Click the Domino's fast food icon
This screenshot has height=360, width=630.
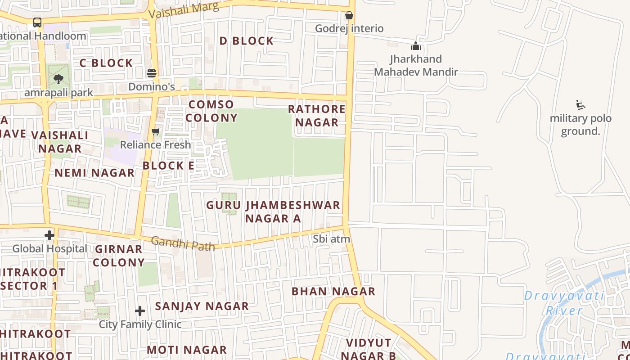pos(152,73)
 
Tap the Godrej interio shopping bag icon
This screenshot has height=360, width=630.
pos(349,16)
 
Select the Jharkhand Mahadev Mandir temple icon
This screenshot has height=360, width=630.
pos(416,46)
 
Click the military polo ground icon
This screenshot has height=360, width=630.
pos(580,105)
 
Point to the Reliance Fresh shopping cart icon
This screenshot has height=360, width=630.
pos(156,131)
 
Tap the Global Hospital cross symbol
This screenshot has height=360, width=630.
pos(49,235)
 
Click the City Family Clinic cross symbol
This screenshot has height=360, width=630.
pos(140,311)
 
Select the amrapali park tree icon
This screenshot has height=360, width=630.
pos(58,79)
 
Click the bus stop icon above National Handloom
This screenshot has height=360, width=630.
pos(37,22)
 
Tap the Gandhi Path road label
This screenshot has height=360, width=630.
pos(183,243)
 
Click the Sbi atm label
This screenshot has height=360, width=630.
pos(332,239)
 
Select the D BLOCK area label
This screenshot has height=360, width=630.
pos(247,41)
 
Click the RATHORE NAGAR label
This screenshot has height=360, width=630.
pos(317,116)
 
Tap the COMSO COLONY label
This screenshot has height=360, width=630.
pos(211,111)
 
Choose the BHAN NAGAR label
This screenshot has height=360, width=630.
pos(333,291)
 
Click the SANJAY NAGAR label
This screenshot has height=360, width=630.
pos(202,306)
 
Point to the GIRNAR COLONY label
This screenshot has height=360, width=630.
pos(119,256)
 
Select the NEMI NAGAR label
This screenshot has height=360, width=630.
pos(94,173)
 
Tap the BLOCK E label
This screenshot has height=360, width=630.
pos(169,166)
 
